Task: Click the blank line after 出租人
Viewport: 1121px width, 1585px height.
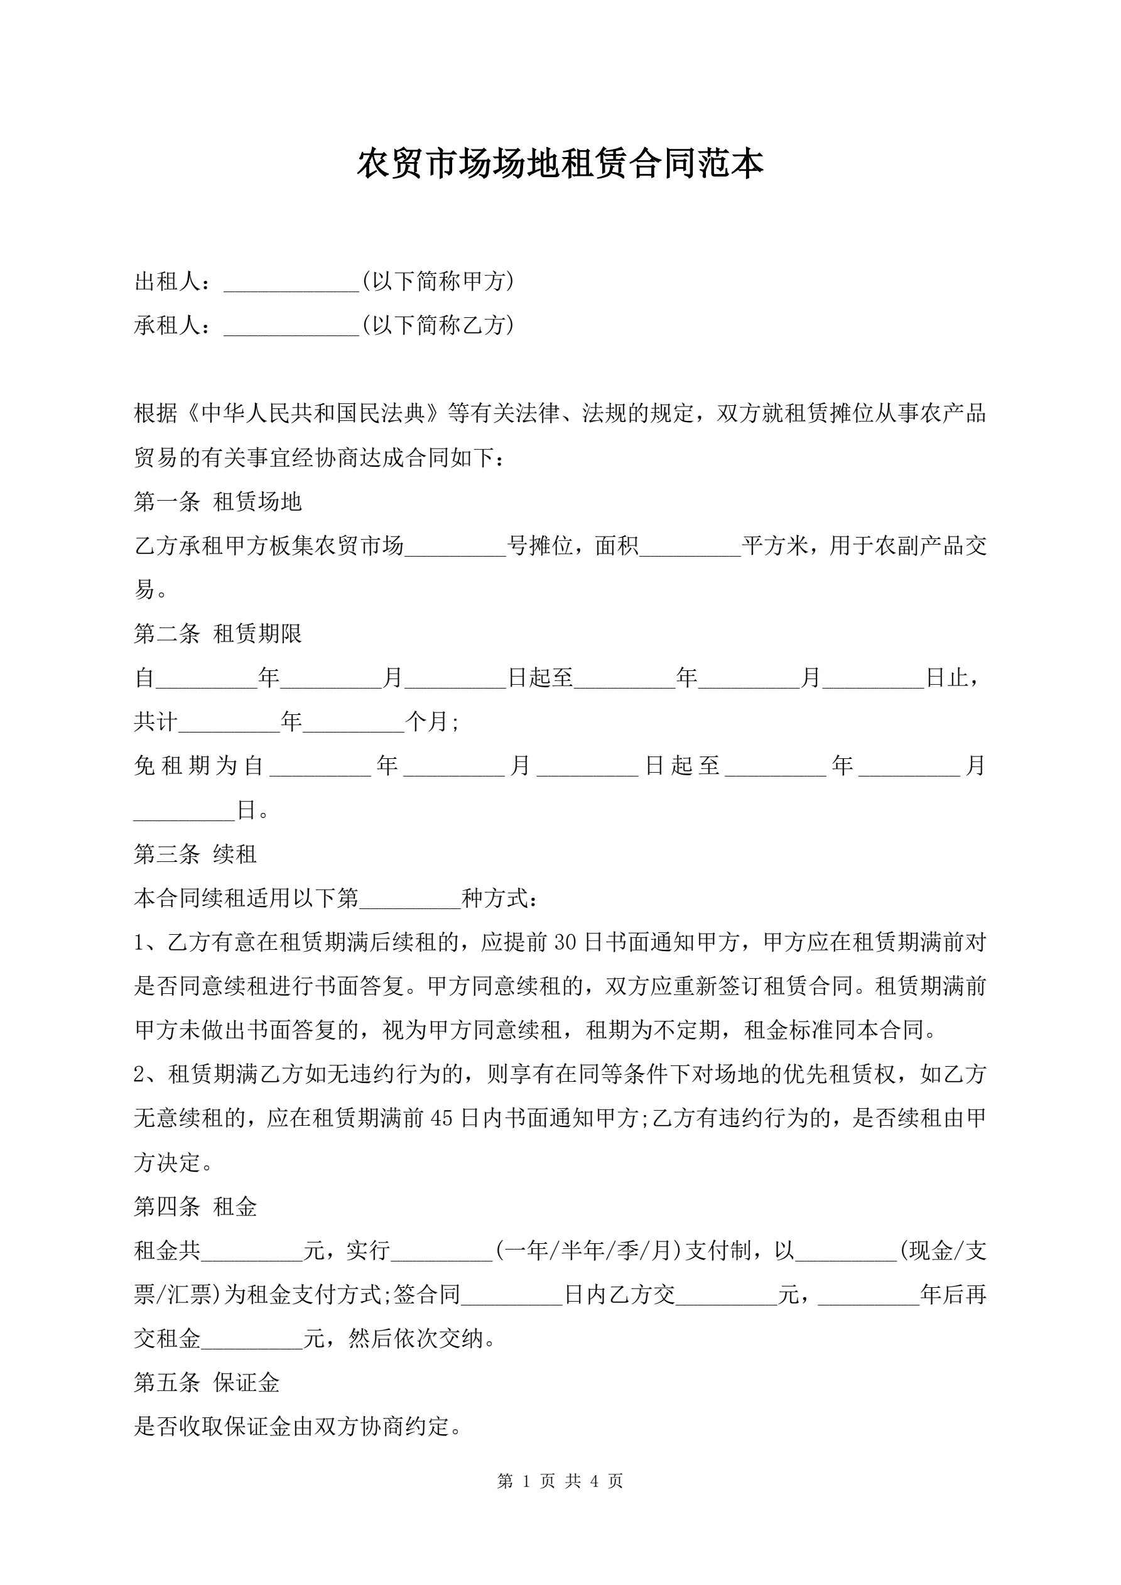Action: (x=291, y=283)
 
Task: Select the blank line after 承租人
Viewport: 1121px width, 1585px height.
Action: (x=291, y=327)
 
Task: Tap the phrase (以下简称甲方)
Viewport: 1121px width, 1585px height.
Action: (x=438, y=281)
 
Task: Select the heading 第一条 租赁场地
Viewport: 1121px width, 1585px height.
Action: (x=217, y=502)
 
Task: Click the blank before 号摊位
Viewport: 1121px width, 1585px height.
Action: (x=455, y=547)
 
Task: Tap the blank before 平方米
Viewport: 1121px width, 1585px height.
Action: (x=690, y=547)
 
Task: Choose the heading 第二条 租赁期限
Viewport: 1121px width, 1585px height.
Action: (x=217, y=634)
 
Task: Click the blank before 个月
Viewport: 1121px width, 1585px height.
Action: (x=353, y=724)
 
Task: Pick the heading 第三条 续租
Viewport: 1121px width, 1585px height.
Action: (x=195, y=854)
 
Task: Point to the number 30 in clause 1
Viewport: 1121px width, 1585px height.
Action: (x=565, y=942)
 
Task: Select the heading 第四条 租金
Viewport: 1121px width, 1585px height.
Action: (x=195, y=1207)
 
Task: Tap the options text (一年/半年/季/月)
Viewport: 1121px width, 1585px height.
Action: (x=587, y=1251)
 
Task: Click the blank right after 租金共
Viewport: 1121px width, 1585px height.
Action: (x=252, y=1252)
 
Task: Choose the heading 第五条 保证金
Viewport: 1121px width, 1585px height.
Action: (x=207, y=1383)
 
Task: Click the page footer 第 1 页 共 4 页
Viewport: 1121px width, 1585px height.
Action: (x=560, y=1481)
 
